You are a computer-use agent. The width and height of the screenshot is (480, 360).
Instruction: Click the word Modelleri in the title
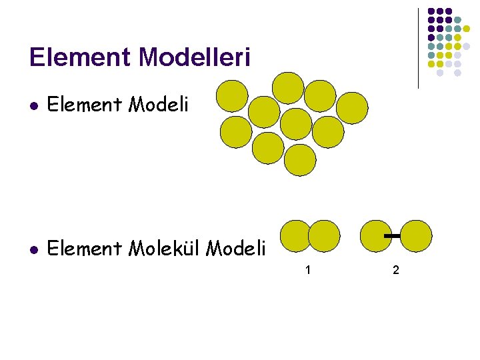click(x=195, y=57)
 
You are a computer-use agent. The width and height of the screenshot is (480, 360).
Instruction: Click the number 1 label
click(x=307, y=270)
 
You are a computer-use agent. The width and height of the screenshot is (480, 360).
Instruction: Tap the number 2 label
click(x=396, y=270)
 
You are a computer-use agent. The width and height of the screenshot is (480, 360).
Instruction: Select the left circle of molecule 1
click(x=295, y=235)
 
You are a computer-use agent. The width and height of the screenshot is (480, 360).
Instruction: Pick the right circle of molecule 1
click(x=325, y=235)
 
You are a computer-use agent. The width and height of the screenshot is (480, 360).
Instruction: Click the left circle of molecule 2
click(x=375, y=235)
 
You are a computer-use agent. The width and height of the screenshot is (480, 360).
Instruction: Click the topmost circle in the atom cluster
click(x=289, y=87)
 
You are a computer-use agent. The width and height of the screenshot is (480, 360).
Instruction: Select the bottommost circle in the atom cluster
click(x=300, y=160)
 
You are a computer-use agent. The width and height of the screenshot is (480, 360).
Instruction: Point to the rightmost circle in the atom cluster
click(x=352, y=108)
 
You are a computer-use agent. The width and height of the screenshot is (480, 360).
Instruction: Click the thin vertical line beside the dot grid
click(x=418, y=48)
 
